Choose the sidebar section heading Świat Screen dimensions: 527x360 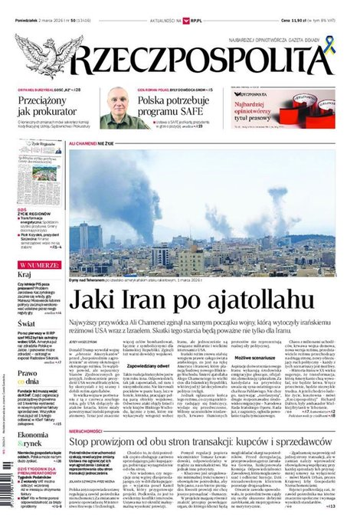tap(26, 324)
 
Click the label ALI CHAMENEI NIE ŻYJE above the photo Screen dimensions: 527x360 tap(95, 143)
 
